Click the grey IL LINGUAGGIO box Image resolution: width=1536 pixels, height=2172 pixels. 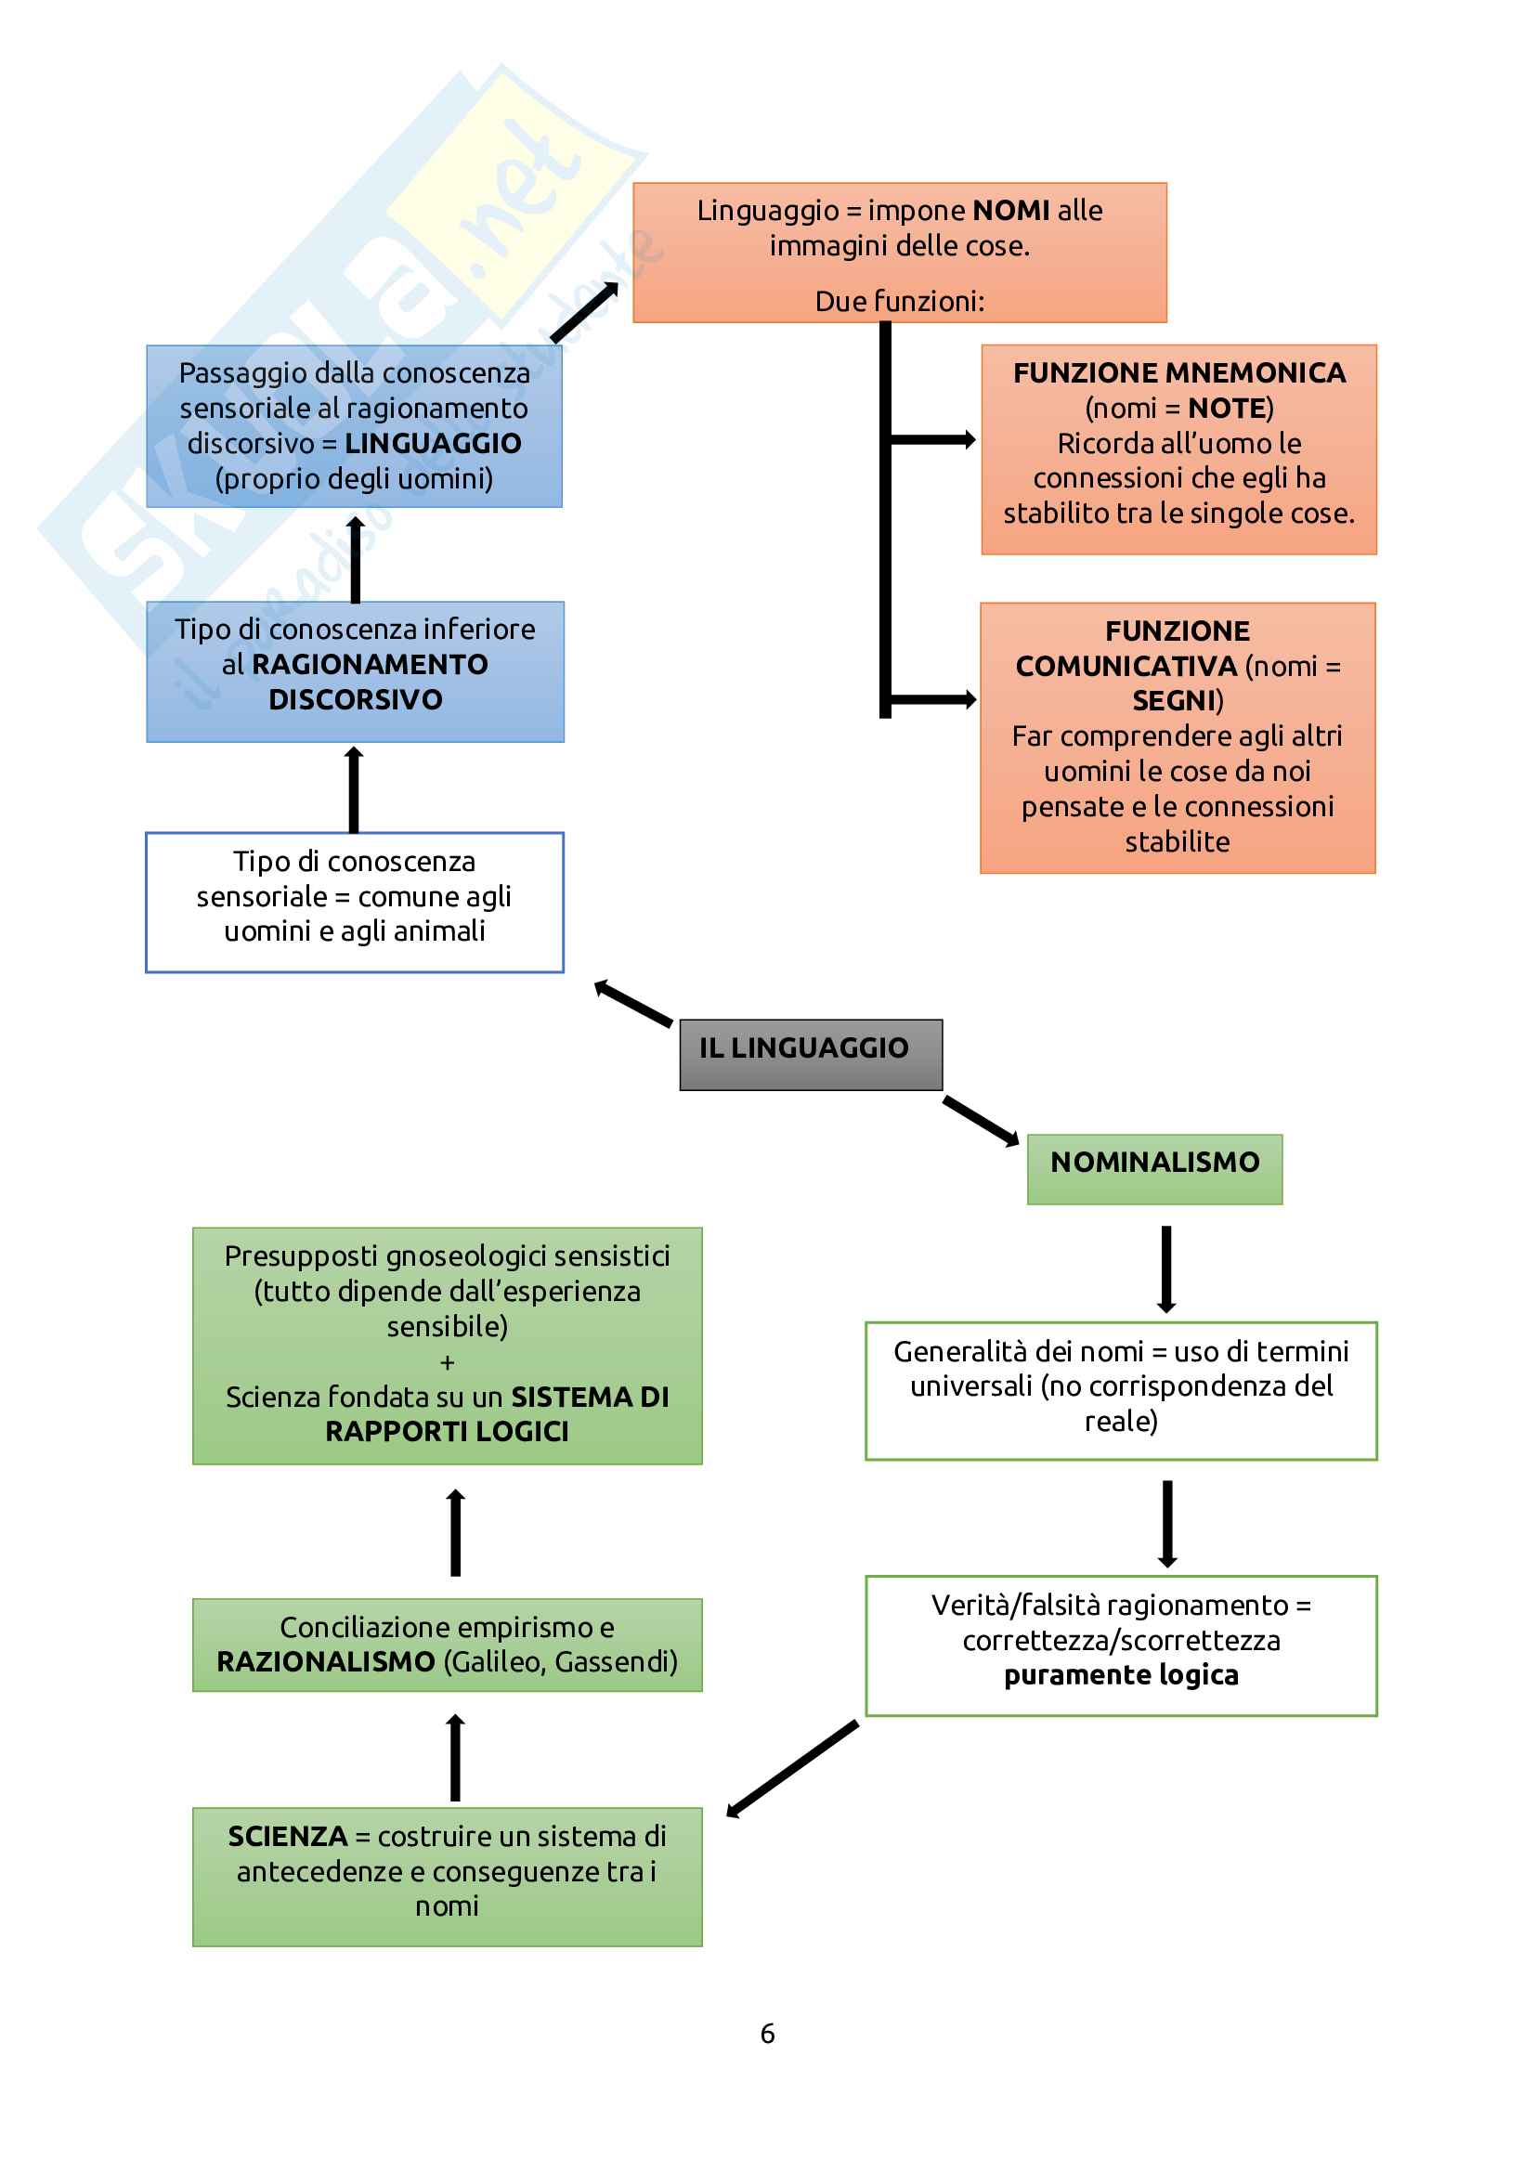click(811, 1054)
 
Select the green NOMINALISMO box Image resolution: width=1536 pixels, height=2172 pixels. click(1154, 1168)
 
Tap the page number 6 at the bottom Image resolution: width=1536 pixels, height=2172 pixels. click(767, 2033)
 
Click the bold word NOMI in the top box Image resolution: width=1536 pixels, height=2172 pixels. click(1011, 210)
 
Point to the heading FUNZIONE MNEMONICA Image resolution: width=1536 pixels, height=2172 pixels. click(1178, 372)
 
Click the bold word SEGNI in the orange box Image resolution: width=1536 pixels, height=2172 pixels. click(1175, 701)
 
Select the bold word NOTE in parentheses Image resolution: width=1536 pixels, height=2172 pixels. click(1227, 409)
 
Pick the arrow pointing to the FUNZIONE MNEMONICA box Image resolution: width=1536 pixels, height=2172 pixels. click(932, 439)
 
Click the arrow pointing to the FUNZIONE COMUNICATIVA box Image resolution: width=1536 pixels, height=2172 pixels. click(932, 700)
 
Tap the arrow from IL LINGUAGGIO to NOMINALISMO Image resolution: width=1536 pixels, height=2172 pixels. click(981, 1120)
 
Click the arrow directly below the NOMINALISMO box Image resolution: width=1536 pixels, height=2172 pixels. click(1166, 1268)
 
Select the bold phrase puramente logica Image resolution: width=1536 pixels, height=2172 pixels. click(1121, 1675)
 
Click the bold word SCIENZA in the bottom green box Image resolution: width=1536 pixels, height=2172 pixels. click(288, 1836)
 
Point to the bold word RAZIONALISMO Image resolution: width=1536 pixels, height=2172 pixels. click(325, 1661)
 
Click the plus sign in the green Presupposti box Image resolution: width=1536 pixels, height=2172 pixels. click(448, 1362)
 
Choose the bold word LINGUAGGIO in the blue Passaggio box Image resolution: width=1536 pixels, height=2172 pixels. click(432, 444)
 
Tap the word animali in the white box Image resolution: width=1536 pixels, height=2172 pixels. click(439, 931)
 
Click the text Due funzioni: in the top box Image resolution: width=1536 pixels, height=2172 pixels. click(900, 302)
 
